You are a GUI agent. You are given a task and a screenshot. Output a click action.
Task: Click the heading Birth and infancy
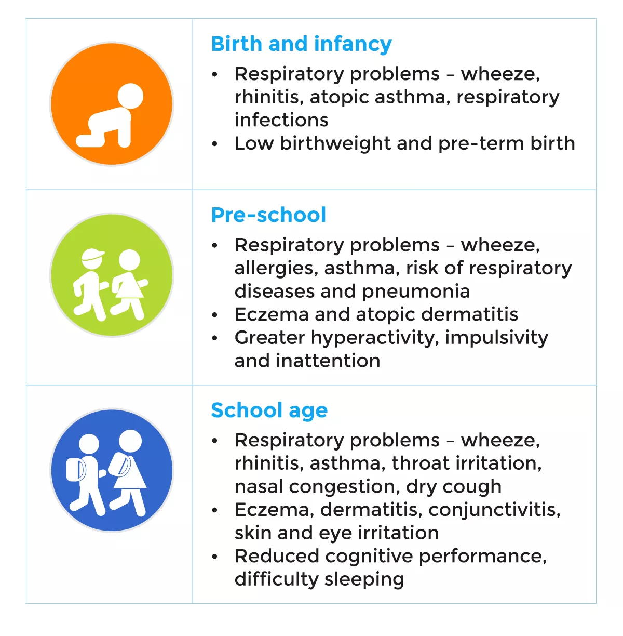click(301, 44)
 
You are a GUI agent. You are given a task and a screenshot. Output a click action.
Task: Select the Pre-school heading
click(268, 215)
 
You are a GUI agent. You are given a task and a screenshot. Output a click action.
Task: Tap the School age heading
click(269, 410)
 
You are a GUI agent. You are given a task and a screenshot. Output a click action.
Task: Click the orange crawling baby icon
click(112, 104)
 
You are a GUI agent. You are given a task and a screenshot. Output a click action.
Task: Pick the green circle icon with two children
click(112, 275)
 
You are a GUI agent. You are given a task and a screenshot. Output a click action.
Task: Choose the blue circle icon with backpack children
click(112, 470)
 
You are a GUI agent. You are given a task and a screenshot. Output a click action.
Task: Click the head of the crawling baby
click(130, 97)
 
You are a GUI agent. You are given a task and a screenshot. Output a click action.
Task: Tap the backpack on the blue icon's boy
click(76, 470)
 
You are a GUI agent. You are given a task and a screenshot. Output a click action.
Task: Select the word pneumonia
click(416, 291)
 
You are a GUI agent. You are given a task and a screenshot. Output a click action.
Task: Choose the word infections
click(281, 120)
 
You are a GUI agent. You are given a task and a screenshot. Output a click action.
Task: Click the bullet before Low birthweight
click(214, 144)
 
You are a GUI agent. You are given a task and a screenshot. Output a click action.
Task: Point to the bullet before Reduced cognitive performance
click(214, 556)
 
